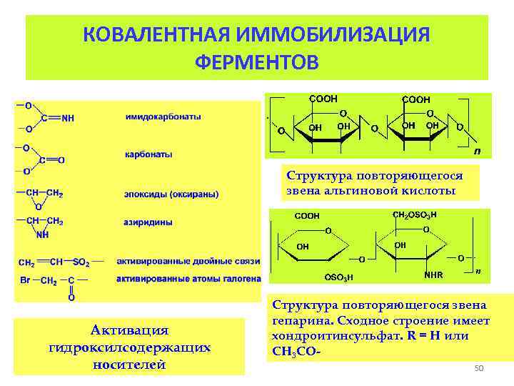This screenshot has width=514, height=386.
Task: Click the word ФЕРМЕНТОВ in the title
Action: click(x=256, y=61)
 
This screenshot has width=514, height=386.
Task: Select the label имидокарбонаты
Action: click(x=163, y=117)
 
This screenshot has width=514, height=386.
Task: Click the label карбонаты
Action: click(x=148, y=154)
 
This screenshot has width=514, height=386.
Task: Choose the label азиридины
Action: click(x=148, y=222)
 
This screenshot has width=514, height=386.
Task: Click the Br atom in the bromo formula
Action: click(x=24, y=280)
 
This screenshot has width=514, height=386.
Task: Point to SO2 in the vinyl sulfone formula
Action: click(x=82, y=262)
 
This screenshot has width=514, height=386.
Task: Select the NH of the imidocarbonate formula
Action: click(x=66, y=119)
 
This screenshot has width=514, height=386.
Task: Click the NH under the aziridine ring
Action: click(x=43, y=234)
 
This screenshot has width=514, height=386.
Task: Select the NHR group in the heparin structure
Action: click(x=433, y=274)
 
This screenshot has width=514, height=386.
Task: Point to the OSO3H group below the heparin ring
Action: click(x=338, y=277)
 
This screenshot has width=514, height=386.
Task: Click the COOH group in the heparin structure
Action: click(x=307, y=214)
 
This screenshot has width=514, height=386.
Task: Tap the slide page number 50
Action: click(x=479, y=367)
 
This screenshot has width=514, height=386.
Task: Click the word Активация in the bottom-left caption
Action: click(x=129, y=330)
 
